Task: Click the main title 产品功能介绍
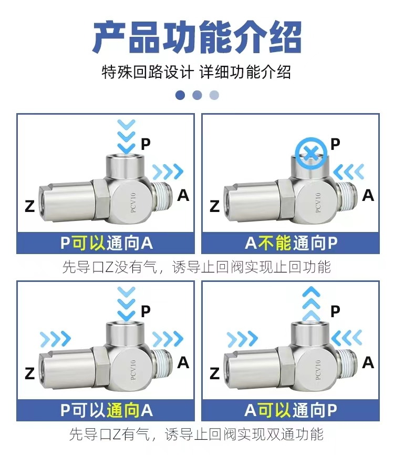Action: click(197, 37)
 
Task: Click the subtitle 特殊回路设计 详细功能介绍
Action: click(196, 72)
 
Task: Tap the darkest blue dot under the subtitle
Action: click(180, 95)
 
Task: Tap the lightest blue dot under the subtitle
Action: click(214, 95)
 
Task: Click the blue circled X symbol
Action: click(310, 153)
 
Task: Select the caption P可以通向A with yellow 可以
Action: click(106, 243)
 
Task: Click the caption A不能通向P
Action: click(291, 243)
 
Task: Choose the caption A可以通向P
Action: click(291, 410)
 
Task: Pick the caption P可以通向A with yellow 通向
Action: click(106, 410)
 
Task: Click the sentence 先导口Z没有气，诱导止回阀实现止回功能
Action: click(196, 267)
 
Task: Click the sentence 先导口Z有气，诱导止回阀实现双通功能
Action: click(196, 434)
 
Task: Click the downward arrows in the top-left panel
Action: click(126, 136)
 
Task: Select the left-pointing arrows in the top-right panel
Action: click(348, 171)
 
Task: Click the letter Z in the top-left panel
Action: click(30, 206)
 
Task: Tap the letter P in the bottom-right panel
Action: click(335, 311)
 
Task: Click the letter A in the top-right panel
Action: click(368, 195)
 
